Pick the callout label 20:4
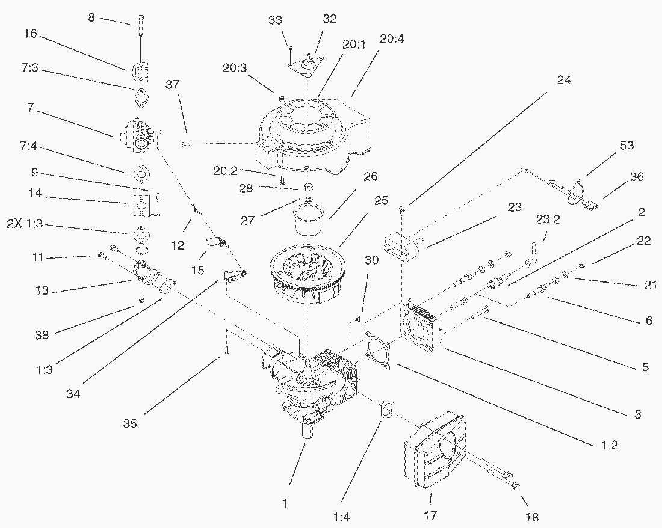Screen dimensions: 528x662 [x=392, y=40]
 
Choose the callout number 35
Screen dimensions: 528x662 [x=130, y=423]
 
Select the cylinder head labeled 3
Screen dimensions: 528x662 [x=422, y=325]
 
